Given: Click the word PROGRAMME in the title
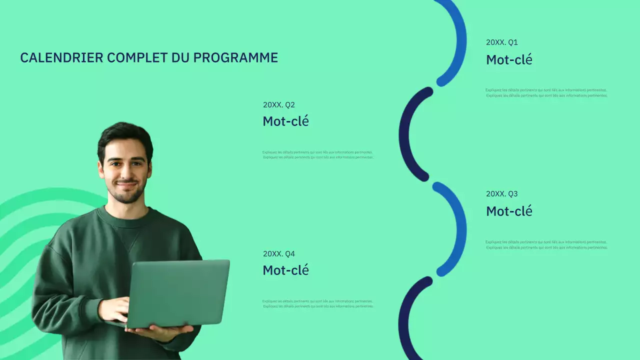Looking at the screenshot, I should [x=235, y=58].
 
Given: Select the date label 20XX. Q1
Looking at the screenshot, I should [x=501, y=42].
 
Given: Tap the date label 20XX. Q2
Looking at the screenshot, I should [x=278, y=105].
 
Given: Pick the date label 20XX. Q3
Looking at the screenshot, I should [x=501, y=194].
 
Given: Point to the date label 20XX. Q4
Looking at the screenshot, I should [x=278, y=254].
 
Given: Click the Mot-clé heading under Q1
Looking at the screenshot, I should [x=509, y=60].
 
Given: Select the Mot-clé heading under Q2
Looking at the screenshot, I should [x=285, y=121].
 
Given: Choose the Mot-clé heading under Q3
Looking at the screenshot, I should [x=509, y=211].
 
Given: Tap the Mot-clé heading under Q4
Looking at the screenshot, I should [x=285, y=270].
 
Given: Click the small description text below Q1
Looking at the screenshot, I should [x=546, y=93].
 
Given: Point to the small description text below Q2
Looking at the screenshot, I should [x=317, y=155].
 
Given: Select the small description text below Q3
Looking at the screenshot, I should [x=546, y=244].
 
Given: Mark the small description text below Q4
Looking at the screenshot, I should [x=317, y=303].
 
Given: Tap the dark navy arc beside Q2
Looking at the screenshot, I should [x=407, y=134].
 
